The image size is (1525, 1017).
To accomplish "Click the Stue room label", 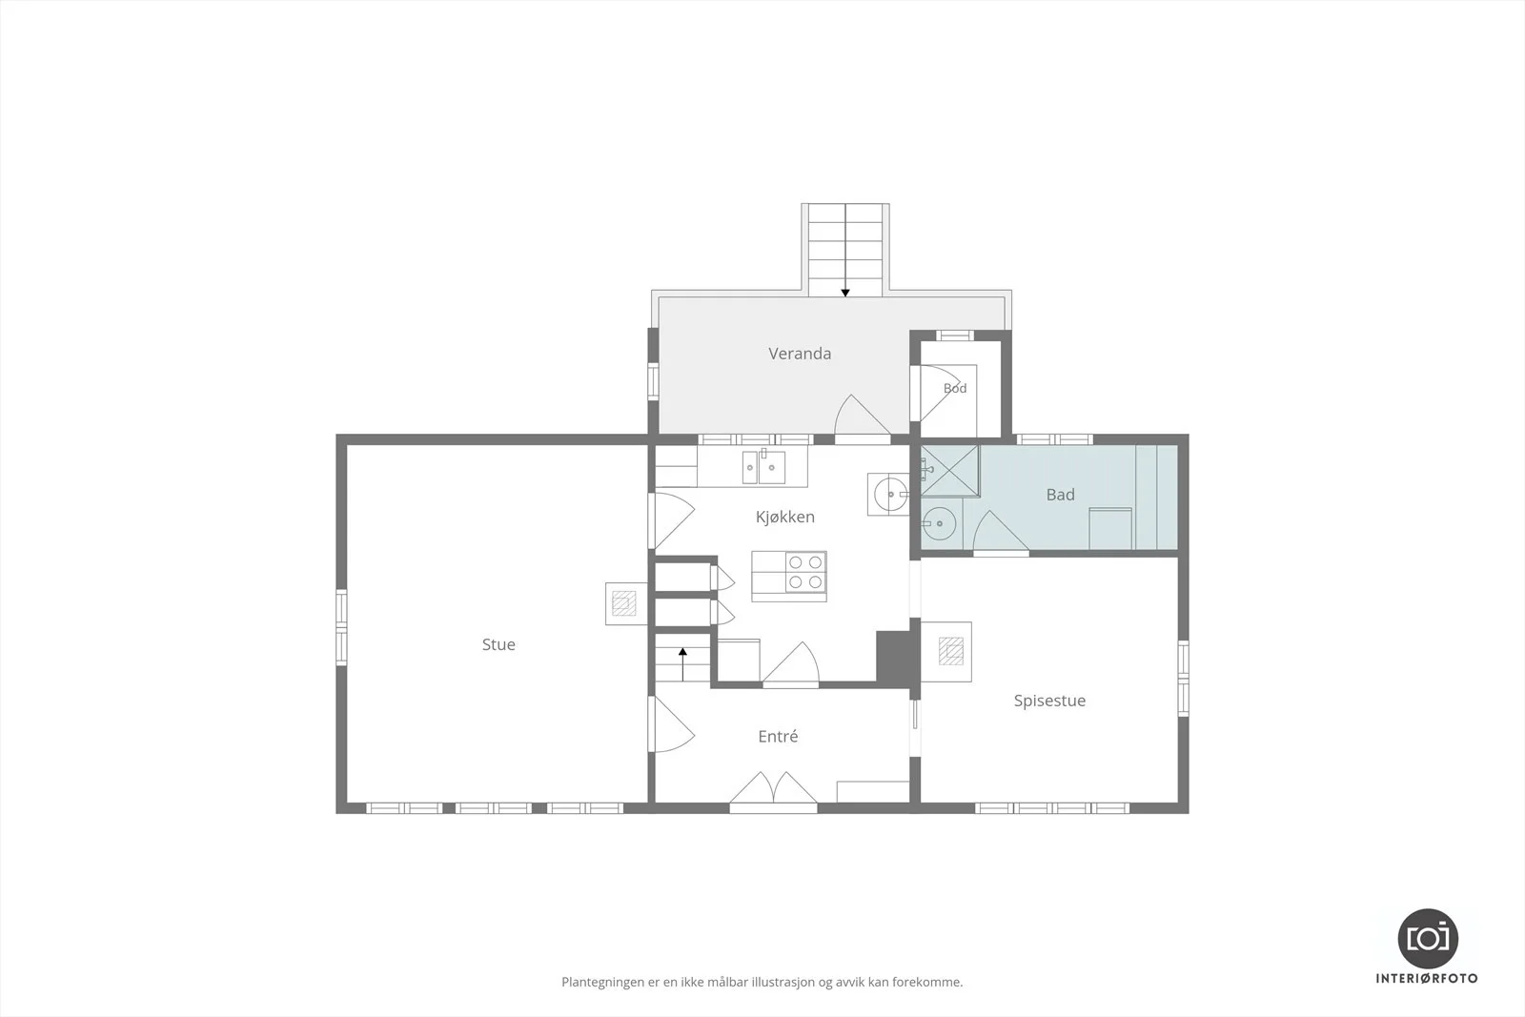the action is (498, 644).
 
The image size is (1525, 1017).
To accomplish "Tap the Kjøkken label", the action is (785, 517).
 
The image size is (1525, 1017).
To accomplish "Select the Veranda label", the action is (800, 354).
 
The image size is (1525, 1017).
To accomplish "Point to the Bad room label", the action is (1060, 495).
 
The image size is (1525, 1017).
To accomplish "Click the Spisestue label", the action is (1049, 701).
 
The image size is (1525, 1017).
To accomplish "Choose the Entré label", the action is (778, 736).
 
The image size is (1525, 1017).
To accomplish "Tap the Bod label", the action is (954, 388).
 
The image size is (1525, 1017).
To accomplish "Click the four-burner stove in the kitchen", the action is (806, 571).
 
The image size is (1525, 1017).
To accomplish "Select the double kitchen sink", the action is (762, 467).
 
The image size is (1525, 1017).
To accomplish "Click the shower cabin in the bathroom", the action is (949, 471).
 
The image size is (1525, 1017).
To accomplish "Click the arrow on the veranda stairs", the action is (844, 251).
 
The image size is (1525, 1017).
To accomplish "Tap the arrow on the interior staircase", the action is (682, 664).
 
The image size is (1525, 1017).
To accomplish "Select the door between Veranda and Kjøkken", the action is (862, 416).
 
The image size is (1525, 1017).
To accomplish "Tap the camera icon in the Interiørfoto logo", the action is (1428, 939).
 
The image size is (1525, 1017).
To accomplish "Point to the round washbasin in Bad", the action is (939, 523).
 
